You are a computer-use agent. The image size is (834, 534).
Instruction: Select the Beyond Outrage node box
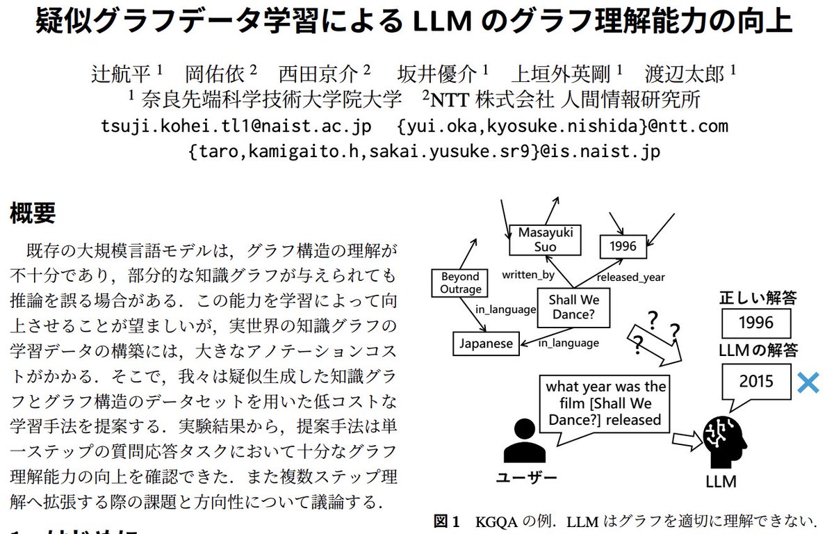(x=460, y=283)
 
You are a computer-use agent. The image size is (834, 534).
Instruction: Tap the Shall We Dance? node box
(x=573, y=307)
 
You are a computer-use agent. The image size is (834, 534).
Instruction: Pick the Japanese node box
(x=486, y=343)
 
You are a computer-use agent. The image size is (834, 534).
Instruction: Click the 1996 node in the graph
(x=623, y=245)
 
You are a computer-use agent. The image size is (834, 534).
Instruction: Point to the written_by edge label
(x=528, y=275)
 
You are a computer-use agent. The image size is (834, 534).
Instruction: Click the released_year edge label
(x=630, y=277)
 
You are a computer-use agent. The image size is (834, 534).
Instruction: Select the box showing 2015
(x=755, y=381)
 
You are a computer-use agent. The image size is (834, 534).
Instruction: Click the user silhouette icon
(x=524, y=440)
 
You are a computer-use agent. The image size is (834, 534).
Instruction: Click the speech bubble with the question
(x=605, y=404)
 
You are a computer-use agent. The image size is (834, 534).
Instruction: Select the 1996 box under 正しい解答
(x=756, y=323)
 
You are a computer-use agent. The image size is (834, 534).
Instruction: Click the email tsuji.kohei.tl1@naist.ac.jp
(x=236, y=126)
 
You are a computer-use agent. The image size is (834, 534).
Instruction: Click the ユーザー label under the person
(x=526, y=478)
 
